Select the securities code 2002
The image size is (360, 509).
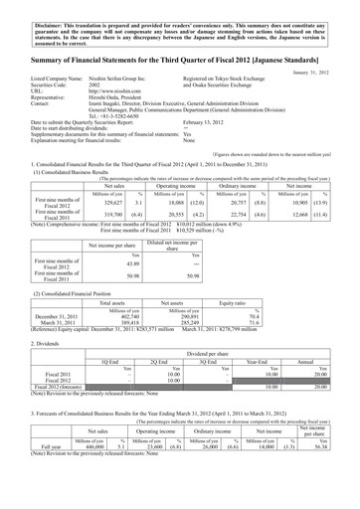(x=96, y=94)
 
